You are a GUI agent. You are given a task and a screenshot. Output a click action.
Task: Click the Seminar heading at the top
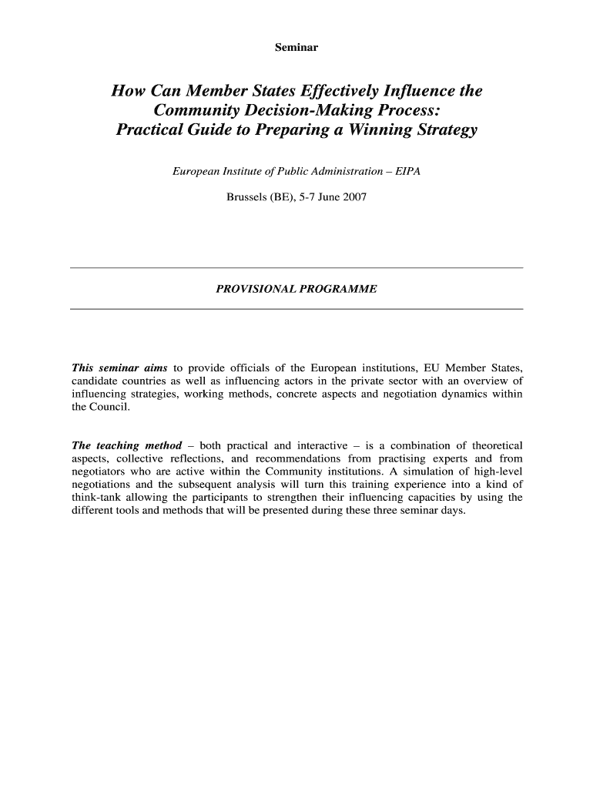296,48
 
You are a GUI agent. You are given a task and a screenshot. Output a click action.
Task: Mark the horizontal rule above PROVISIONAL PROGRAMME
296,267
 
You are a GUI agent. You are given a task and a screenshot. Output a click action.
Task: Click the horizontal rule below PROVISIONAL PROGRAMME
296,309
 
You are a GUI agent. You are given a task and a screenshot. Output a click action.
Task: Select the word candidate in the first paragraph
93,381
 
